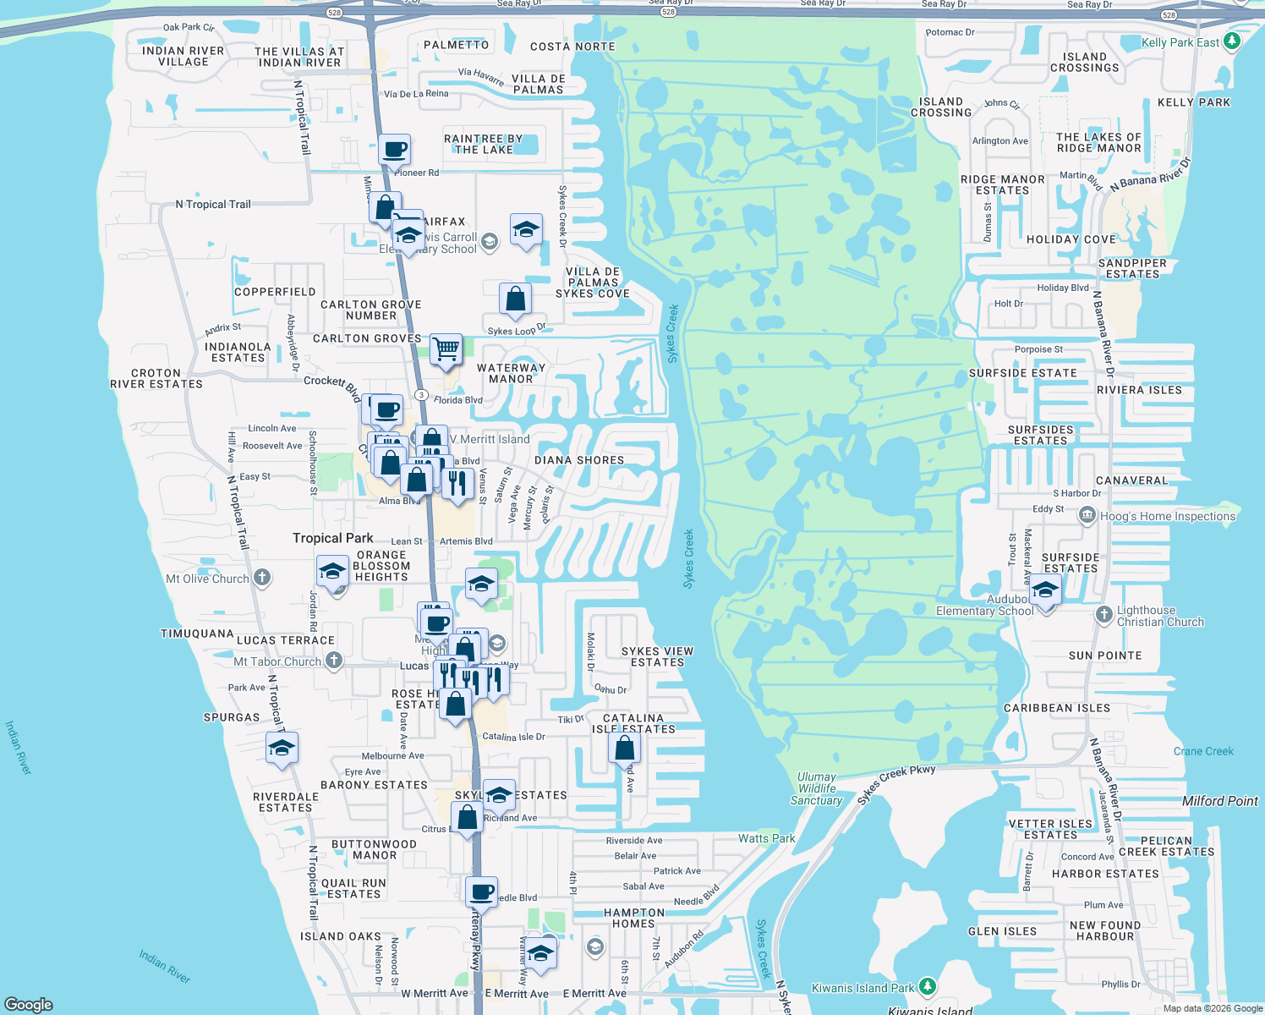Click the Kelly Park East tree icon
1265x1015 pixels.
click(1232, 41)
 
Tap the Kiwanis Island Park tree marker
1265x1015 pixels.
click(928, 986)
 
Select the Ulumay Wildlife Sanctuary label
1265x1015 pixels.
click(816, 788)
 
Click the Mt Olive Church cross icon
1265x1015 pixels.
click(262, 578)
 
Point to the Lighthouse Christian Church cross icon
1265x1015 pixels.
click(1103, 615)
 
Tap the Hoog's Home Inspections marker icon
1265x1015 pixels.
click(1087, 515)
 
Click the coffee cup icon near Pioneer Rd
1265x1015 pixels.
click(394, 151)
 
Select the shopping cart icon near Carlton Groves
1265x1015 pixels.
click(446, 348)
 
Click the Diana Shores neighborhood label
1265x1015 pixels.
click(579, 460)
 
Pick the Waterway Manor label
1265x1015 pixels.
click(511, 373)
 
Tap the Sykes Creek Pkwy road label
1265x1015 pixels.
click(896, 784)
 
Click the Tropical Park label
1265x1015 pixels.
click(332, 538)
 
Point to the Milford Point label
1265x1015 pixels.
click(1219, 801)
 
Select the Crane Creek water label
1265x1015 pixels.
click(1202, 751)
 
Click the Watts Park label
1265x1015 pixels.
click(766, 838)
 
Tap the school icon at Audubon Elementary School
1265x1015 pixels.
click(1046, 590)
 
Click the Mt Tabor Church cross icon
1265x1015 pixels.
click(334, 661)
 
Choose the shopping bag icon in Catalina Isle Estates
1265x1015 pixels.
click(624, 749)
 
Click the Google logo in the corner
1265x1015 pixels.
click(28, 1004)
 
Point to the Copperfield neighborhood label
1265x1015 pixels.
click(275, 292)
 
